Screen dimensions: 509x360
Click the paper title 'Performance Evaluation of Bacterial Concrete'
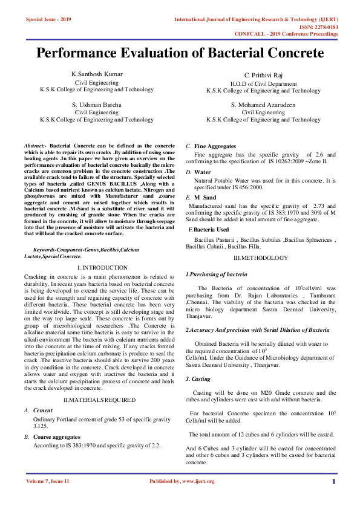click(180, 53)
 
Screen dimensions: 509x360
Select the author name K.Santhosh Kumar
click(97, 74)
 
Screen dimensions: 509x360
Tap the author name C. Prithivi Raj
click(263, 75)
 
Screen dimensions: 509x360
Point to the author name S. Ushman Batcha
click(97, 105)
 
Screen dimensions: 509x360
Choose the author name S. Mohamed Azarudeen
click(263, 105)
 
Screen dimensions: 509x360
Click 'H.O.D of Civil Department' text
click(263, 83)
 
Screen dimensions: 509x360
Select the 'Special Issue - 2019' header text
click(48, 19)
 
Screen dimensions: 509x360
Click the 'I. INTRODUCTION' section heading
click(97, 267)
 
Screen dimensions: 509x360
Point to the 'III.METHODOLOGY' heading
click(261, 258)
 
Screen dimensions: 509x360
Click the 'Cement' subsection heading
click(43, 410)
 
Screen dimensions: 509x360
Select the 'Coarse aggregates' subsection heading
click(56, 436)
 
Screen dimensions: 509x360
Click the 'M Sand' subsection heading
click(205, 198)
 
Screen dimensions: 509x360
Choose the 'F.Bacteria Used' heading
click(209, 230)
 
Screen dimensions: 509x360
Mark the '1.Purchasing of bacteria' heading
click(216, 274)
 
